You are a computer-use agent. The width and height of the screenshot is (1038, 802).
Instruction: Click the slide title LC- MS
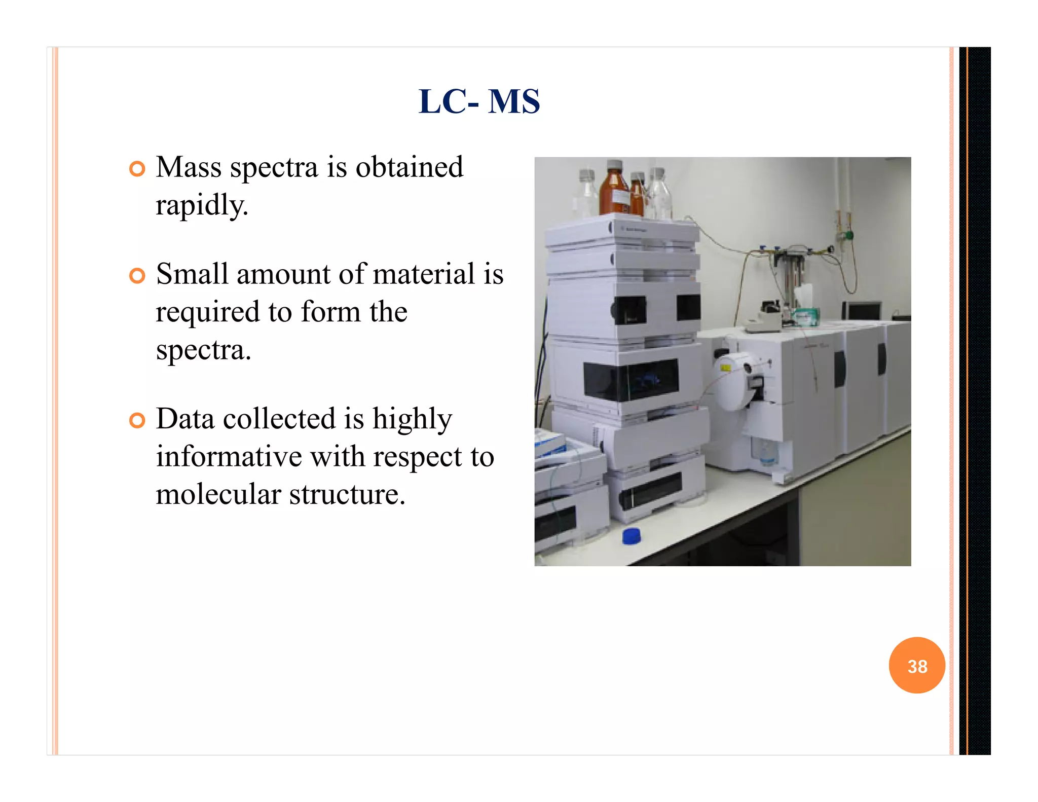tap(479, 101)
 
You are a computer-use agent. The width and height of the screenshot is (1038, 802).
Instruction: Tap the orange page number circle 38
tap(916, 665)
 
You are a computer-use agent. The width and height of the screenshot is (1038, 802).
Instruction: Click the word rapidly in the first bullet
tap(202, 206)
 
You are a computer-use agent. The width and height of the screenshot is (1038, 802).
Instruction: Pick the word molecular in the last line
tap(218, 494)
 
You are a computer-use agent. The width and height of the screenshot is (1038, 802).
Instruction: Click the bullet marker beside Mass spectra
tap(137, 169)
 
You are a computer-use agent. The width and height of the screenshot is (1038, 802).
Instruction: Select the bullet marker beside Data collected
tap(137, 420)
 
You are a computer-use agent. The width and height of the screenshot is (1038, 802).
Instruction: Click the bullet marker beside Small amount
tap(137, 276)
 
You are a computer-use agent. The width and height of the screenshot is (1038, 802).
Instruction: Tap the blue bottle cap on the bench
tap(632, 536)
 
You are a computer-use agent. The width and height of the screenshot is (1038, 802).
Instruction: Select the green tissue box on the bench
tap(806, 316)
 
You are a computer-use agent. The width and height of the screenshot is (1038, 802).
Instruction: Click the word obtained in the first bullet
tap(409, 167)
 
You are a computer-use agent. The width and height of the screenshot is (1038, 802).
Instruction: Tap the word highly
tap(412, 419)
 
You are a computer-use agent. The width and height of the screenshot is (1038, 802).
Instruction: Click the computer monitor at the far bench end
tap(862, 310)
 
